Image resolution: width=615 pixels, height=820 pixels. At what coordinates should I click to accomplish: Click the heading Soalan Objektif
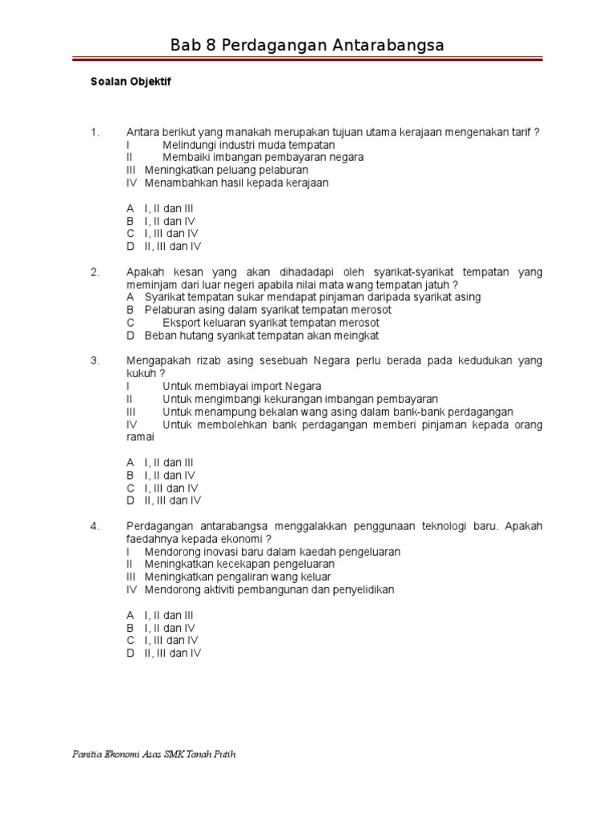[131, 82]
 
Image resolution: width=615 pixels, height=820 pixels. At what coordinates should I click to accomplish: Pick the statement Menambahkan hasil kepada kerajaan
[236, 183]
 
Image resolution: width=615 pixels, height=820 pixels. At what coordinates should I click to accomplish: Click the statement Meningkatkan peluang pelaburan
[226, 170]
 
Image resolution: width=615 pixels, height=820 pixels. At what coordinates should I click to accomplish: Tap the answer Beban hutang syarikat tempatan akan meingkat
[261, 336]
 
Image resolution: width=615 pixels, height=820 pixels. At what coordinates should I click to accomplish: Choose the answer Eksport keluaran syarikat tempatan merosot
[271, 323]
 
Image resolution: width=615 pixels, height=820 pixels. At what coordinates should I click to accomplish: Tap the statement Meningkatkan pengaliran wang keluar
[238, 577]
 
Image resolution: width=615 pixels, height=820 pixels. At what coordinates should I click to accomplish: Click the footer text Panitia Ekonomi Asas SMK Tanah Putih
[155, 755]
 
